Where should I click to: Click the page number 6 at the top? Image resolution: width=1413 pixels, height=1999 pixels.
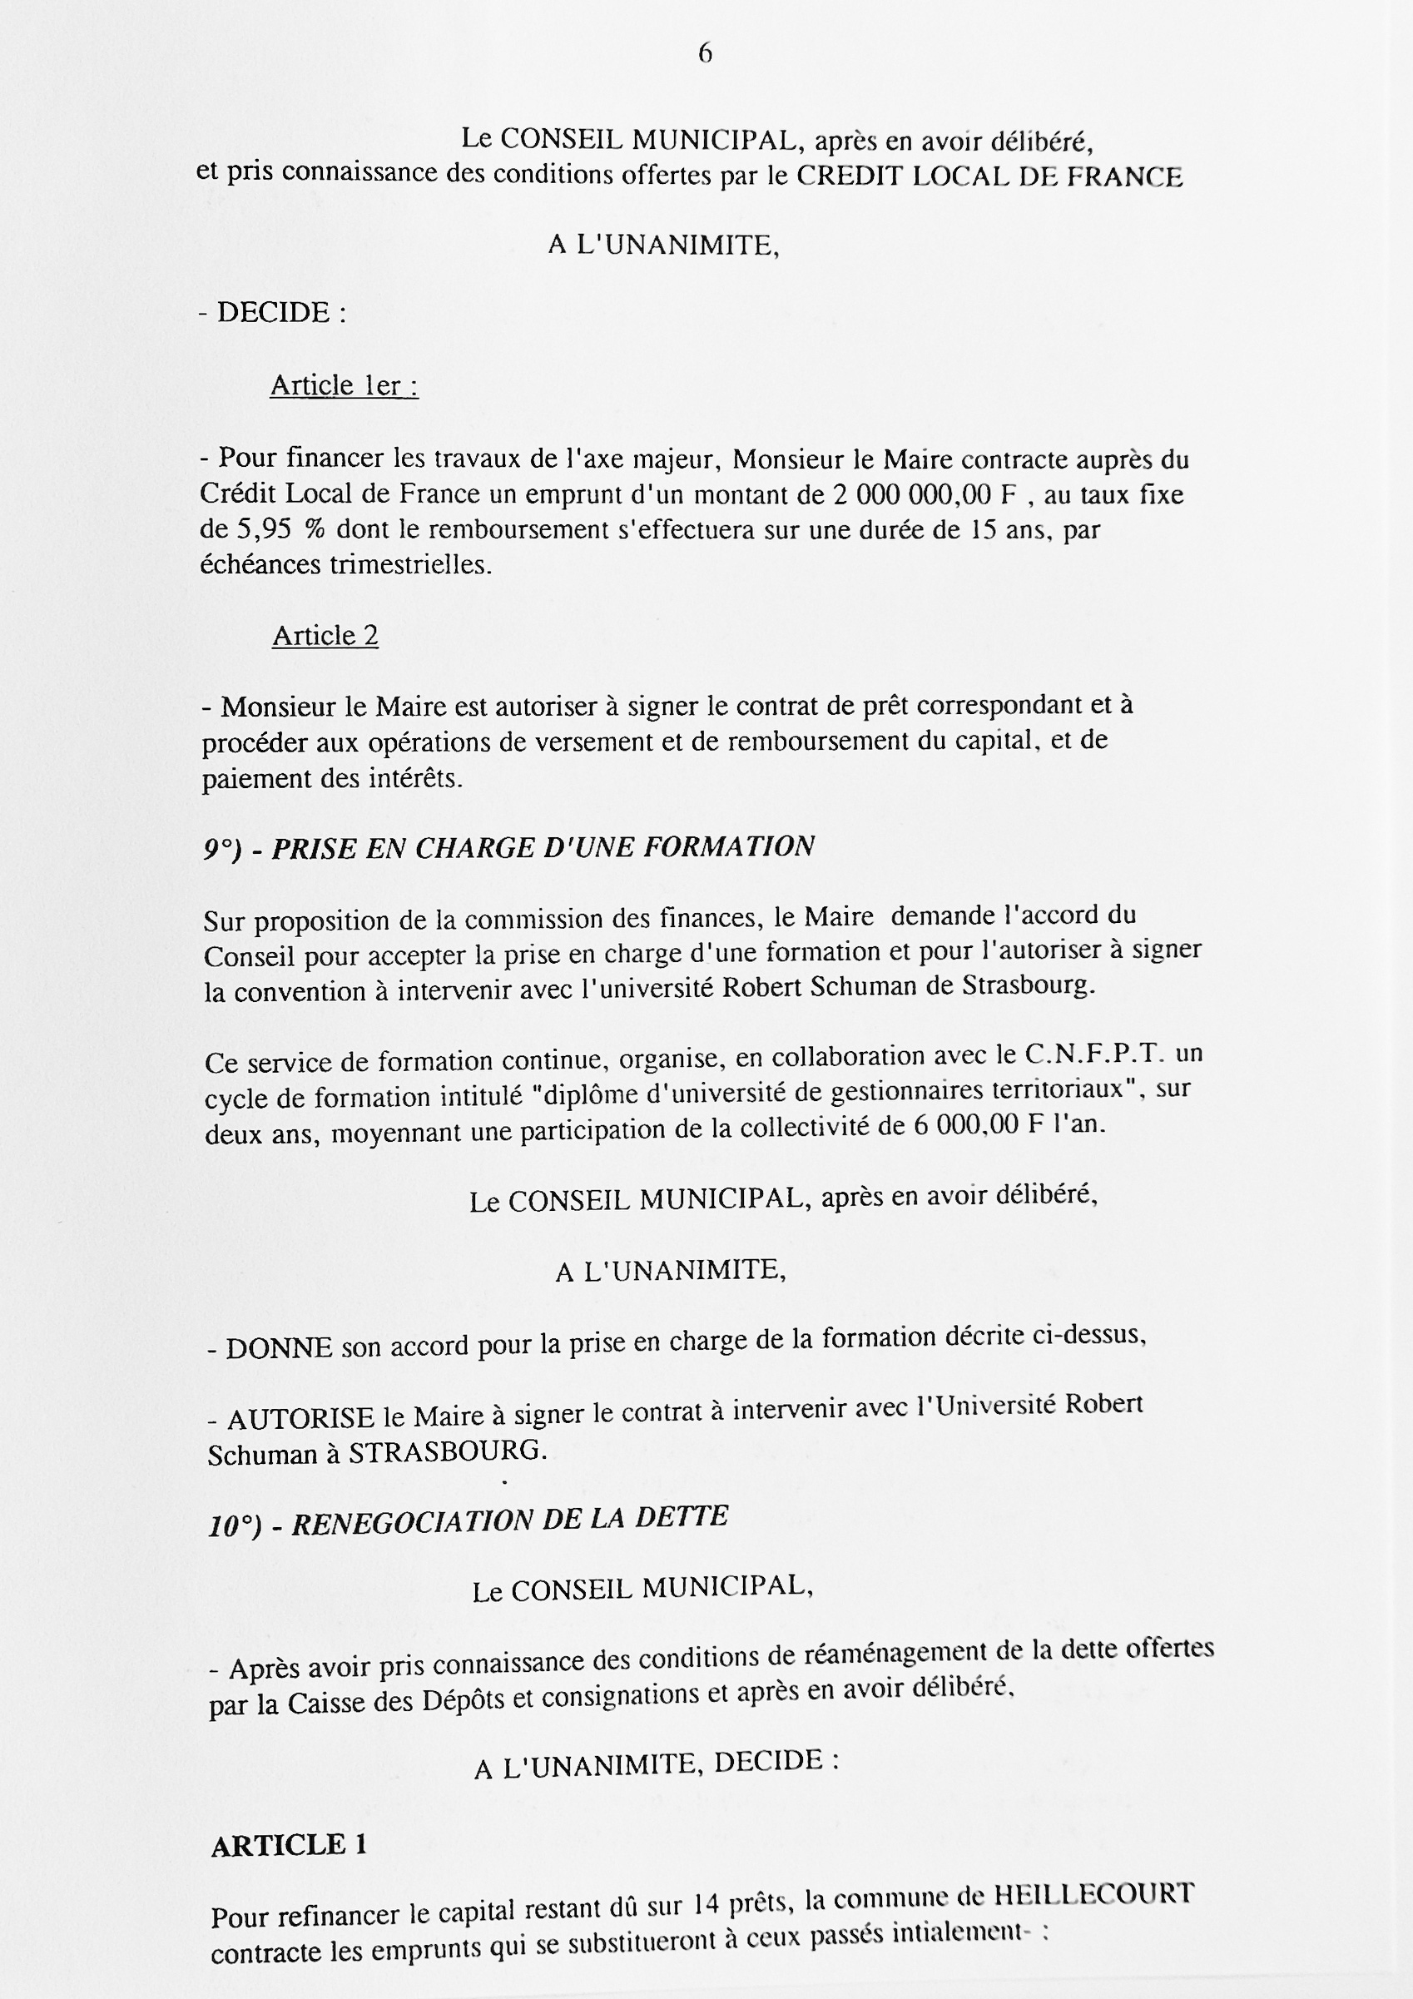pos(705,54)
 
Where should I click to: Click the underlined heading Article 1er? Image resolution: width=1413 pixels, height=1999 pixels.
pos(344,385)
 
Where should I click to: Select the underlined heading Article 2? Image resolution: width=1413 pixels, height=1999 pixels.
pos(325,637)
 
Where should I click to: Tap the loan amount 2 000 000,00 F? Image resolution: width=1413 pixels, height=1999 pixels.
pos(925,494)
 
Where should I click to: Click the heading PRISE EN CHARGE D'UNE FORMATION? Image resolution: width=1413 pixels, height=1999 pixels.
pos(543,847)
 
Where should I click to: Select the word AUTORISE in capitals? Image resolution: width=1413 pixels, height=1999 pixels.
pos(301,1419)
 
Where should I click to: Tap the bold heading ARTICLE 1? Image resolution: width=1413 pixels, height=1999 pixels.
pos(289,1845)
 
